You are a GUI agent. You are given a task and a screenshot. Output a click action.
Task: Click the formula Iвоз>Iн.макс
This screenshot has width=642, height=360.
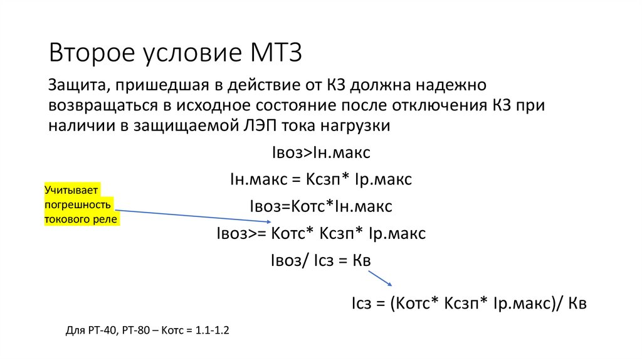(321, 152)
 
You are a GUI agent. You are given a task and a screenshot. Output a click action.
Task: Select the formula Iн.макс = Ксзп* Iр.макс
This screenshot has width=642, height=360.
(321, 180)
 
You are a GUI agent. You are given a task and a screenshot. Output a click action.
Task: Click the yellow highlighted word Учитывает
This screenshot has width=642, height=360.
(72, 191)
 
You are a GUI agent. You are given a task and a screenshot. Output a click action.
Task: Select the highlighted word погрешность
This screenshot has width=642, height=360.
(78, 205)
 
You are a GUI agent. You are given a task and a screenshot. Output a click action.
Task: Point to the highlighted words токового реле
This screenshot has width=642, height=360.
(81, 220)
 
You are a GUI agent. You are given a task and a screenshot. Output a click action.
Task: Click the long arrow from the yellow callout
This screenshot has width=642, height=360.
(194, 216)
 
